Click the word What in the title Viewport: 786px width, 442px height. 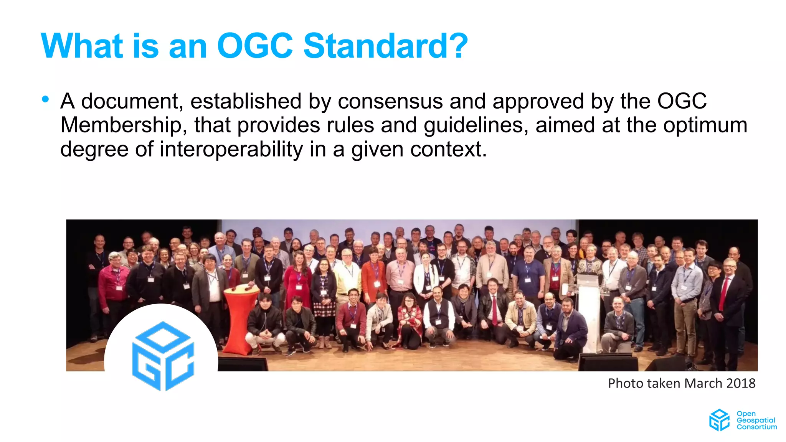click(82, 46)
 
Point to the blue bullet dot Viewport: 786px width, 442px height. click(46, 99)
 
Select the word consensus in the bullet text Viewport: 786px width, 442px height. click(390, 101)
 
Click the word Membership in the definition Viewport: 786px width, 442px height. click(120, 125)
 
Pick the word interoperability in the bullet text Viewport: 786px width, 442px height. click(231, 149)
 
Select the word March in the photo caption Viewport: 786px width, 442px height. click(698, 383)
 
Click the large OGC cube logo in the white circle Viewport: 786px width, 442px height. click(163, 355)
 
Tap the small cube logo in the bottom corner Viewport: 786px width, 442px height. click(719, 420)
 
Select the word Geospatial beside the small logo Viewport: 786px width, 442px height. click(756, 420)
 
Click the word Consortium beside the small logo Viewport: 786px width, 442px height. click(756, 427)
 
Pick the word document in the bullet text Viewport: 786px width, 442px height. click(130, 101)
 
